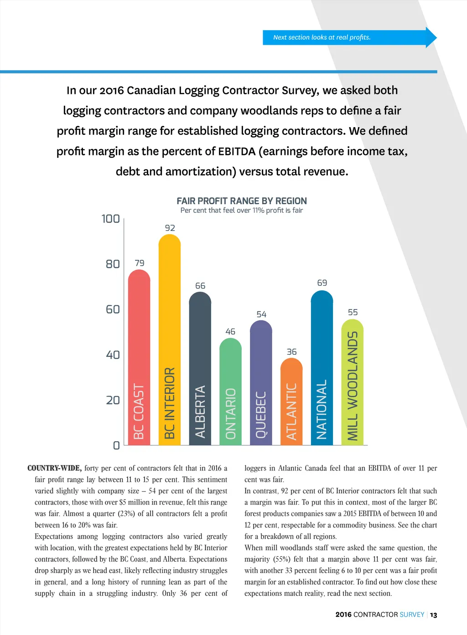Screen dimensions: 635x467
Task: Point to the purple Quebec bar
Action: pos(261,382)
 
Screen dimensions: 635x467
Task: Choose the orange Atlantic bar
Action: pos(291,401)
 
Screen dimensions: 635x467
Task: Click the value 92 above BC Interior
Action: pos(170,228)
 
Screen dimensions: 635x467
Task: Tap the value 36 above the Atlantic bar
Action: pos(291,352)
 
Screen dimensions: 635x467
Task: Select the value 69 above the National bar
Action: pos(322,283)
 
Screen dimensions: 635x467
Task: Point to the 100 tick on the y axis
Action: pos(110,219)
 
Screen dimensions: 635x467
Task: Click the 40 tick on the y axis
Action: pos(113,355)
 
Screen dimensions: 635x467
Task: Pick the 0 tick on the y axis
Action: pos(116,445)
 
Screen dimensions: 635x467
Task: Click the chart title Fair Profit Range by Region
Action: pos(242,201)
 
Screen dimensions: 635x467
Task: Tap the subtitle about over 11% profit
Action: pos(242,211)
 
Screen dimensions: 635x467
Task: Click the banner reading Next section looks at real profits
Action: pos(322,37)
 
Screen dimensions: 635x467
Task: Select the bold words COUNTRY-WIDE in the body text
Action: pos(54,468)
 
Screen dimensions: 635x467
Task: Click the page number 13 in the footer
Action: pos(433,615)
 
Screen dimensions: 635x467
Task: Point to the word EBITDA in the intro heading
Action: pos(237,151)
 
